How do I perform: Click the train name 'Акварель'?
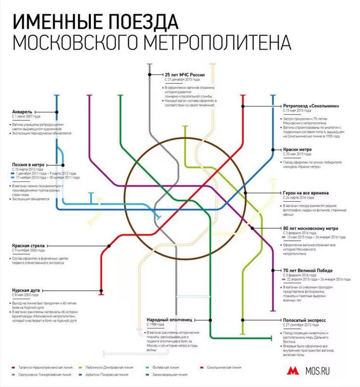(22, 110)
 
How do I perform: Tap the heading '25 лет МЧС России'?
(185, 74)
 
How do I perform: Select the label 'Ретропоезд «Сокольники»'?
(307, 106)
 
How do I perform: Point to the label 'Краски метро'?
(297, 149)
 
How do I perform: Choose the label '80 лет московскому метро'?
(311, 227)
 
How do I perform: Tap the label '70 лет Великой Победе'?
(307, 270)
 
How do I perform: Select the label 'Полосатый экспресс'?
(304, 320)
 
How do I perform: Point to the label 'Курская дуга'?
(25, 289)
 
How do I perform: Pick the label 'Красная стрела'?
(28, 246)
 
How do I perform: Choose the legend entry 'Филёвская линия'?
(163, 367)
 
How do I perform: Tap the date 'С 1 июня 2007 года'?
(26, 117)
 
